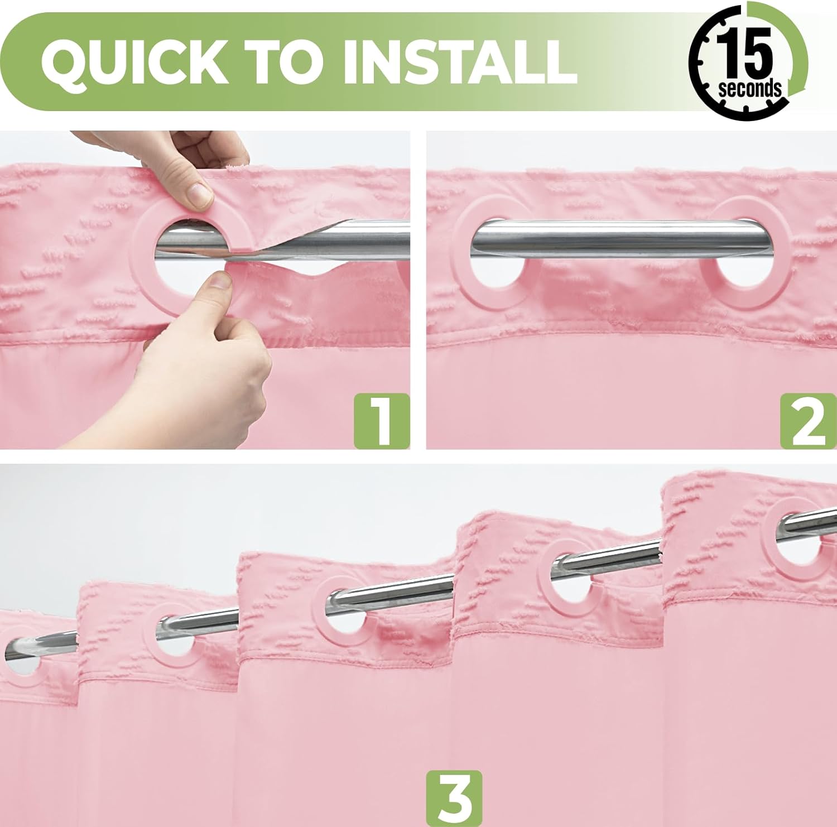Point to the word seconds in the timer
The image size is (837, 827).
click(x=750, y=89)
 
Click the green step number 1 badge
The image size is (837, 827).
click(x=382, y=420)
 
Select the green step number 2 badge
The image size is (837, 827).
click(x=807, y=420)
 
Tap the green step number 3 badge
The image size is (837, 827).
click(x=455, y=799)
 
